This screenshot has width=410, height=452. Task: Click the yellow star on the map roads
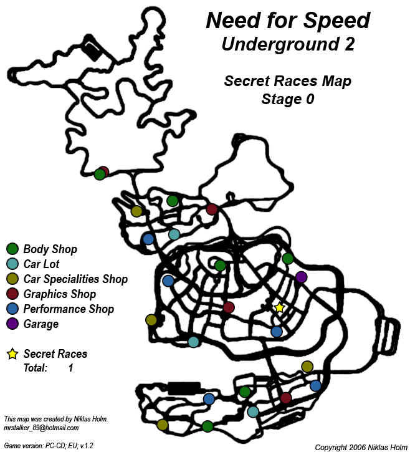click(279, 307)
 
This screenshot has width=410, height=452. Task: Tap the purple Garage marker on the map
click(302, 277)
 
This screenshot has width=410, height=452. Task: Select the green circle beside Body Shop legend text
click(12, 249)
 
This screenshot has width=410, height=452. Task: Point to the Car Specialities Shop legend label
click(75, 279)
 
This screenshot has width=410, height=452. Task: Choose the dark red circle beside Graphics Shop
click(12, 294)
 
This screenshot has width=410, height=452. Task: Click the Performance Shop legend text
click(69, 309)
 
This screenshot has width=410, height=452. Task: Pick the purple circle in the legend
click(12, 324)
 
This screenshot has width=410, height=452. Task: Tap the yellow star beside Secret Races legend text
click(12, 354)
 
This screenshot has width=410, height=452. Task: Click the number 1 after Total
click(70, 368)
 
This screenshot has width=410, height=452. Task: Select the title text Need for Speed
click(288, 21)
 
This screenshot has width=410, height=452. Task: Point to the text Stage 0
click(288, 99)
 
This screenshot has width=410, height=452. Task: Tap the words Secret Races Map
click(288, 81)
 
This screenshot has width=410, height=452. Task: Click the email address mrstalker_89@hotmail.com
click(41, 427)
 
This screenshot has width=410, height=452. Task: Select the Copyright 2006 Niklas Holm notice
click(360, 446)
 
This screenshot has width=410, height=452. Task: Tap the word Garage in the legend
click(41, 324)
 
